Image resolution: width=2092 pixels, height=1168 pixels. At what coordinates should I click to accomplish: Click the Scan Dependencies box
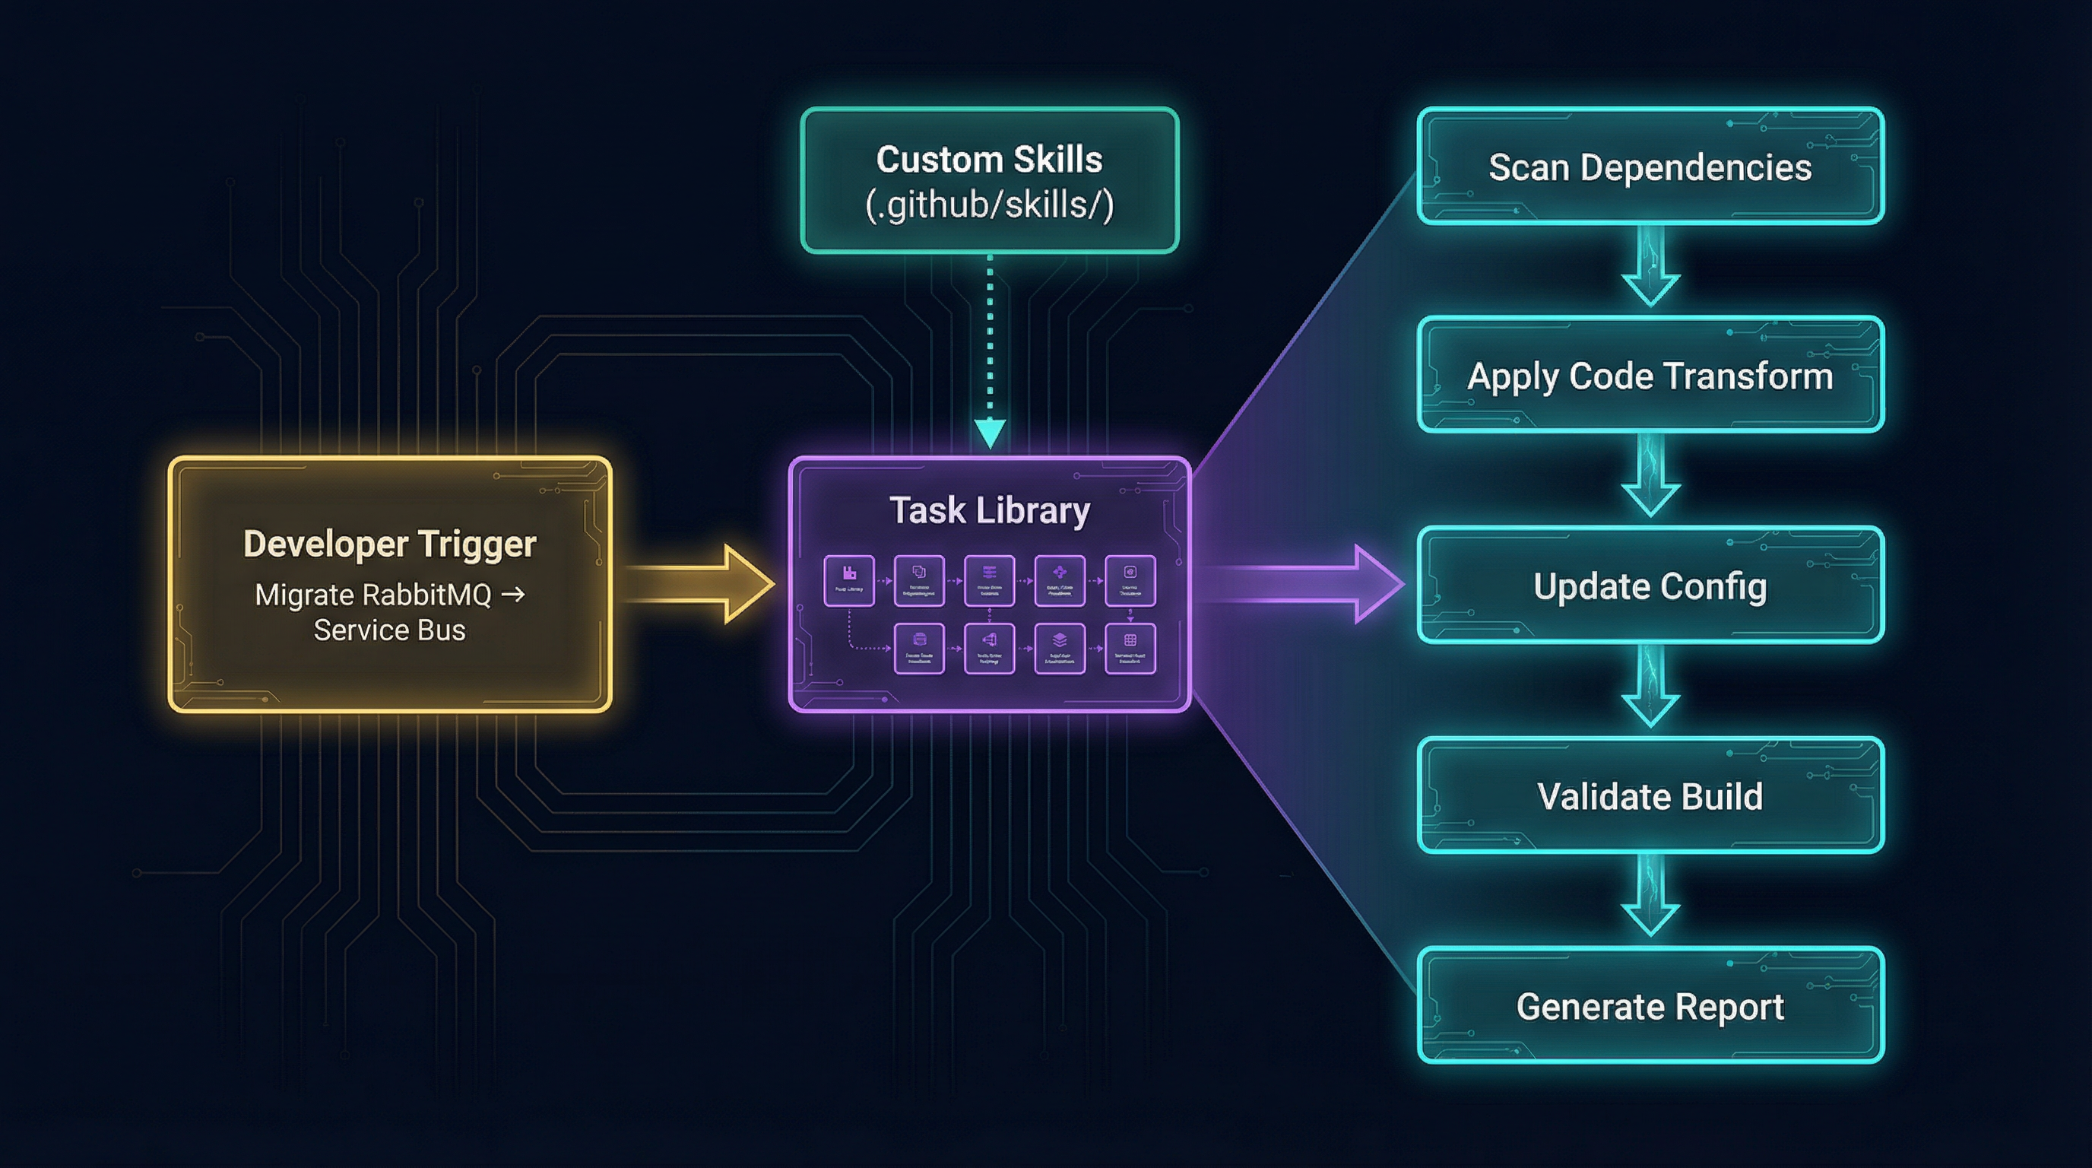1650,167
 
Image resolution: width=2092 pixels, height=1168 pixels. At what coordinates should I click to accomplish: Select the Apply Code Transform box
1650,375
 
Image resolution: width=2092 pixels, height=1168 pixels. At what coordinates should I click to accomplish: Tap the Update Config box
1650,586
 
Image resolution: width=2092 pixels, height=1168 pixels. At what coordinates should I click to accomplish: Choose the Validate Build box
1650,795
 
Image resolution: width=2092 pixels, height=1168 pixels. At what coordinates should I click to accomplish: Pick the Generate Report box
1650,1005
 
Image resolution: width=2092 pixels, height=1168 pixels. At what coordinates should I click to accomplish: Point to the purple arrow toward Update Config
1307,584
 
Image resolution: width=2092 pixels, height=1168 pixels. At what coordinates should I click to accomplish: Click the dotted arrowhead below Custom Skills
989,433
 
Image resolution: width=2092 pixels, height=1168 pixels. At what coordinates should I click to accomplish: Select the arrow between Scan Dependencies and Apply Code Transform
1650,268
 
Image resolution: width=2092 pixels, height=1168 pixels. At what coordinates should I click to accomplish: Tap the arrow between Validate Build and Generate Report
1650,897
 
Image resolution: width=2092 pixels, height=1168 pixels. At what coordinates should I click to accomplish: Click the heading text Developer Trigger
390,544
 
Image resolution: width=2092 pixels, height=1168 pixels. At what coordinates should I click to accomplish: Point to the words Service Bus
390,630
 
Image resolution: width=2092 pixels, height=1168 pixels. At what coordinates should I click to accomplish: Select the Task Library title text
989,511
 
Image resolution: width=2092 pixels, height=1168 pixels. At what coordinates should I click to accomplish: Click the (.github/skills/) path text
989,204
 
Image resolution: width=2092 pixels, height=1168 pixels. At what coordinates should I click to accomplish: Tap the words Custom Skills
989,159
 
